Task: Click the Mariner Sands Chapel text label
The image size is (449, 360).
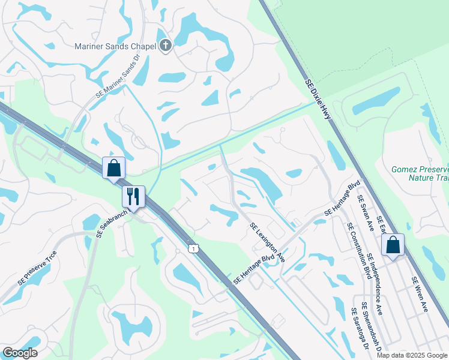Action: pyautogui.click(x=115, y=46)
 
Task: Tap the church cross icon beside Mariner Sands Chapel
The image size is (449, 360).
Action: pyautogui.click(x=166, y=46)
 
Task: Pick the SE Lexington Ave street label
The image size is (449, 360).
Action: pyautogui.click(x=268, y=242)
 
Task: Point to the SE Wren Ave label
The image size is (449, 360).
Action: pyautogui.click(x=420, y=294)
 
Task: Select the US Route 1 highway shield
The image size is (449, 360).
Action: pyautogui.click(x=193, y=248)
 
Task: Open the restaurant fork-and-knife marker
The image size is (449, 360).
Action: pyautogui.click(x=133, y=196)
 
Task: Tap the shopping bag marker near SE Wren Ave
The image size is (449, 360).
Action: pyautogui.click(x=393, y=245)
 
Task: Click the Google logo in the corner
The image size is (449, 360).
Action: pyautogui.click(x=20, y=353)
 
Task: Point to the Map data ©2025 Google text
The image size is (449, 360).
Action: pyautogui.click(x=411, y=355)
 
